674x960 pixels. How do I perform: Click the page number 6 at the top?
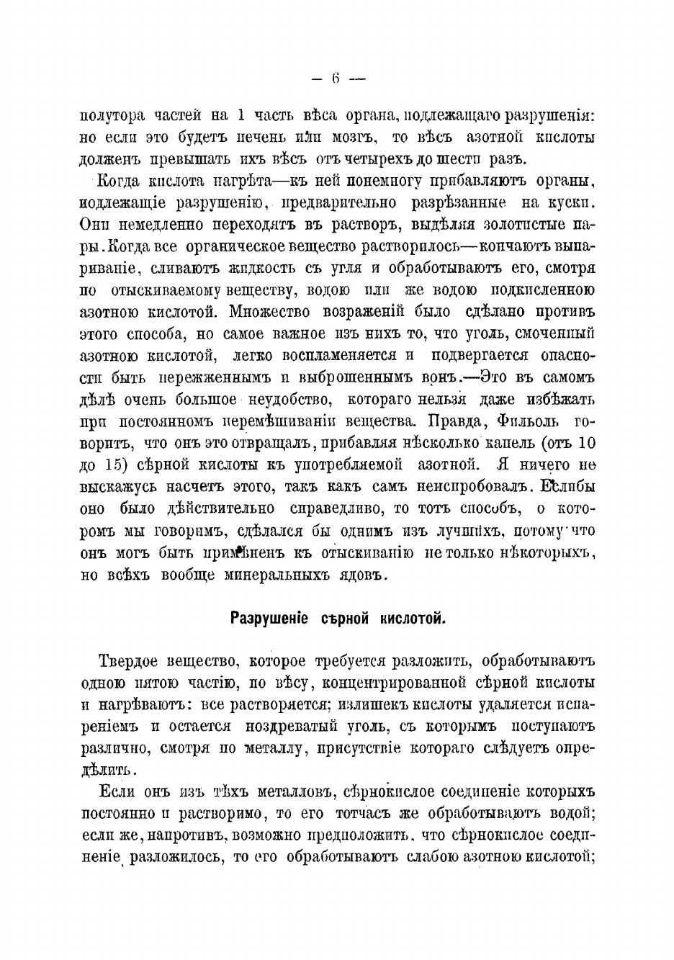point(336,80)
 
